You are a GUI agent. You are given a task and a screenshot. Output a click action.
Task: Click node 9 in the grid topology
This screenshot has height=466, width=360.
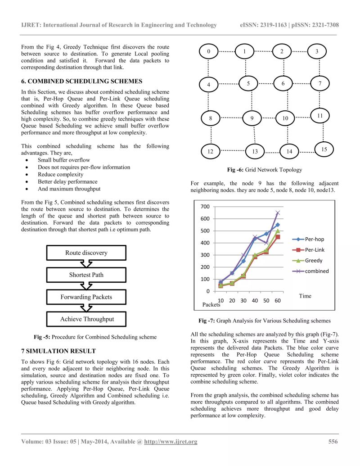pyautogui.click(x=252, y=118)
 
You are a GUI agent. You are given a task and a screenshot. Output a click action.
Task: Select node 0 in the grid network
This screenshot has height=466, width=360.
pyautogui.click(x=209, y=52)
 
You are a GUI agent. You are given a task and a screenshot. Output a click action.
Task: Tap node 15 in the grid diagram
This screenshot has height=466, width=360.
pyautogui.click(x=324, y=148)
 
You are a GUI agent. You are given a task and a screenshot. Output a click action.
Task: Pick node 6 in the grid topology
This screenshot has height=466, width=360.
pyautogui.click(x=283, y=84)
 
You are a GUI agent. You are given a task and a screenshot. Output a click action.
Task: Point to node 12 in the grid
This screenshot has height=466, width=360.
pyautogui.click(x=210, y=151)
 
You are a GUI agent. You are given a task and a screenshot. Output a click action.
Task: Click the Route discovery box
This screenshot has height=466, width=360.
pyautogui.click(x=86, y=253)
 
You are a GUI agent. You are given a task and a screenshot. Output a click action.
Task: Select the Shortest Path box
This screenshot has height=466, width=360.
pyautogui.click(x=86, y=275)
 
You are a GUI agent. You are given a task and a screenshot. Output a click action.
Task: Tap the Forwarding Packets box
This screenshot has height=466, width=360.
pyautogui.click(x=86, y=297)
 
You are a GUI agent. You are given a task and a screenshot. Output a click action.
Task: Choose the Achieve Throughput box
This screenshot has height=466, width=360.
pyautogui.click(x=86, y=319)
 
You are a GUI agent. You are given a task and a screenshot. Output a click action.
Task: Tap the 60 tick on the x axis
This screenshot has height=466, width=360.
pyautogui.click(x=277, y=300)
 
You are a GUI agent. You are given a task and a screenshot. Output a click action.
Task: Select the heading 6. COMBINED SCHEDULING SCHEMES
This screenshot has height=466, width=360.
pyautogui.click(x=81, y=81)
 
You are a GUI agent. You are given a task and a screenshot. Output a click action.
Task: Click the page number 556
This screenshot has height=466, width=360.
pyautogui.click(x=333, y=441)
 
